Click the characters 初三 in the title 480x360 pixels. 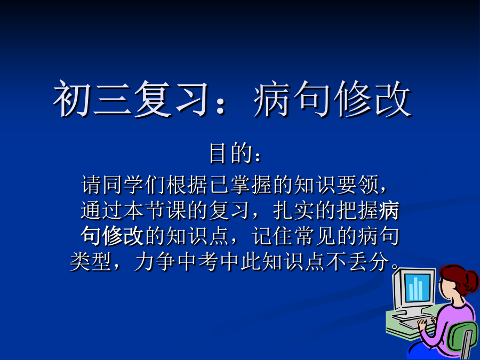(x=93, y=99)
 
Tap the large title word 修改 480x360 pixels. (x=372, y=99)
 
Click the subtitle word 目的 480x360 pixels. (x=230, y=153)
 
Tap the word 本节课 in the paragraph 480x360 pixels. (x=155, y=211)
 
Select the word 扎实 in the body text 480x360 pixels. (x=294, y=211)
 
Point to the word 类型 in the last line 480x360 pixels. (x=91, y=262)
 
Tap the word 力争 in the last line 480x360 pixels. (x=155, y=262)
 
